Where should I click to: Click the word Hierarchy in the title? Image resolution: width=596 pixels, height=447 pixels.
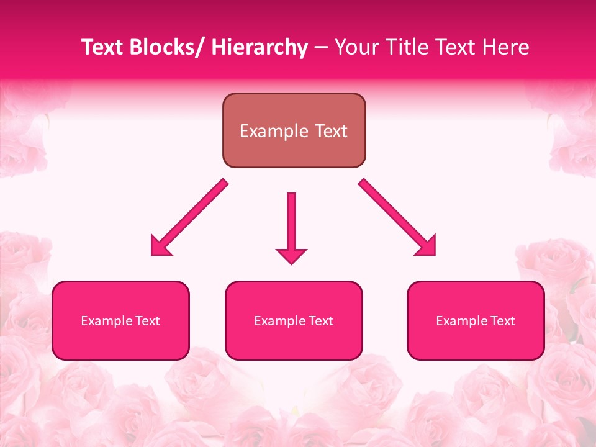pyautogui.click(x=260, y=48)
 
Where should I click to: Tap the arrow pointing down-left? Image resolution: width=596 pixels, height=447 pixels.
pyautogui.click(x=189, y=218)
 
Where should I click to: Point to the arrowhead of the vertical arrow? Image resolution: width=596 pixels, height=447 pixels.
pyautogui.click(x=291, y=255)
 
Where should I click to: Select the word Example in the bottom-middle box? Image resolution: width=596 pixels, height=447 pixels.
pyautogui.click(x=278, y=321)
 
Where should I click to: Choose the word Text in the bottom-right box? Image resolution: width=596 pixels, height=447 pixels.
pyautogui.click(x=502, y=321)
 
